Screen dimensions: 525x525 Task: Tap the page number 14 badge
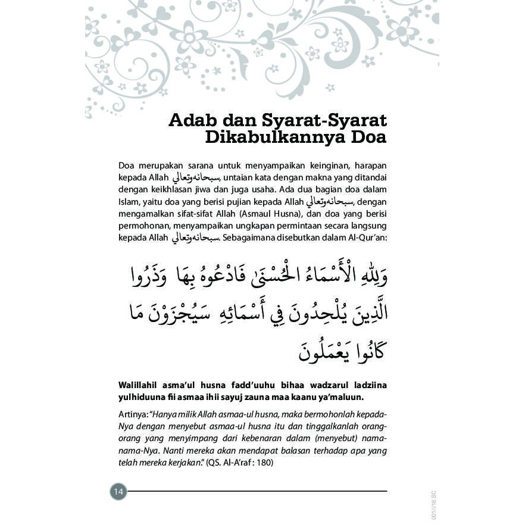coord(118,492)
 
